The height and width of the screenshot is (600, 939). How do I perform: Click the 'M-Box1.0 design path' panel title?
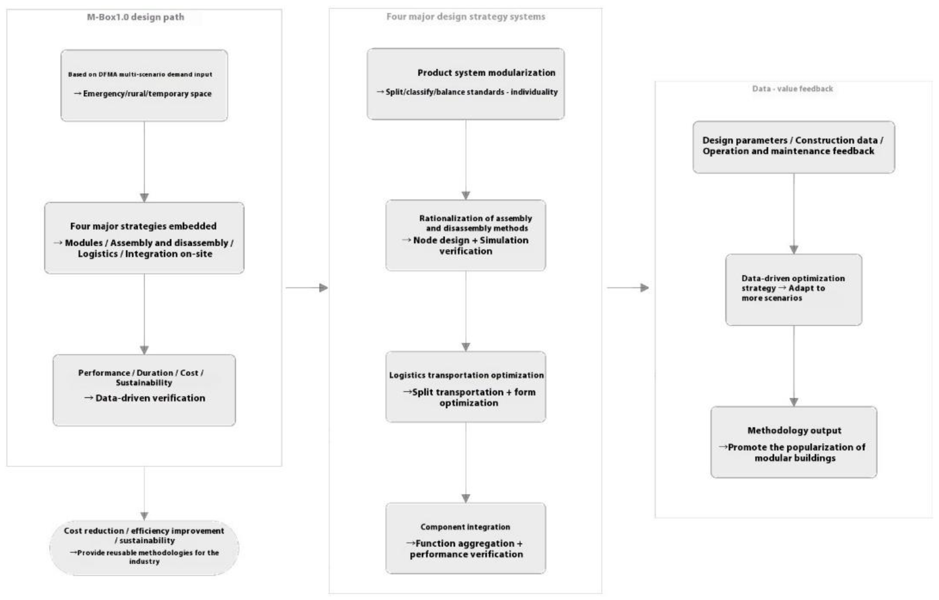point(135,17)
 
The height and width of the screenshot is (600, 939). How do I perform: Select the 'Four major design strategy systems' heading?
point(466,17)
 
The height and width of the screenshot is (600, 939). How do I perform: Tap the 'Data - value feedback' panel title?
point(792,89)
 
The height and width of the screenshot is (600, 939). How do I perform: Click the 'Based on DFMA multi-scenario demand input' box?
point(144,85)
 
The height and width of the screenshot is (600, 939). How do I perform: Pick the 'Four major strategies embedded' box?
point(144,238)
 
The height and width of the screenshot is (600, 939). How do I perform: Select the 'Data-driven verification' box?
point(144,390)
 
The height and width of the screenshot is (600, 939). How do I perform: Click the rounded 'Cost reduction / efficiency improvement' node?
point(144,547)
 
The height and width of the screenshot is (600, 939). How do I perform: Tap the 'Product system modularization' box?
point(466,84)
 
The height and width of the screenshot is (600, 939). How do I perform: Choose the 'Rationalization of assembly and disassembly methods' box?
point(466,235)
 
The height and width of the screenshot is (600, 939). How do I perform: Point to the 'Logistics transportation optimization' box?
point(466,387)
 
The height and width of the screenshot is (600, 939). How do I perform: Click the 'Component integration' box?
point(466,538)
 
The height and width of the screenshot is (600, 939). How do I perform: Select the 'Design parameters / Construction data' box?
point(793,147)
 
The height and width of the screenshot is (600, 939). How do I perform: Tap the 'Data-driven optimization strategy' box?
point(793,290)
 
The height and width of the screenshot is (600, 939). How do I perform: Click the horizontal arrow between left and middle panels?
point(307,288)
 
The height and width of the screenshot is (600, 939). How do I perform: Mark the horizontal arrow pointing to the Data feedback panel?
point(627,288)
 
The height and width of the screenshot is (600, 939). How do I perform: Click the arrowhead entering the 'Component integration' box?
point(466,498)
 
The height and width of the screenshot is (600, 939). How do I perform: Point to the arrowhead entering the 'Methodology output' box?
point(793,402)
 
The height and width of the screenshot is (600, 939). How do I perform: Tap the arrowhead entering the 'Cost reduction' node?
point(144,516)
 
